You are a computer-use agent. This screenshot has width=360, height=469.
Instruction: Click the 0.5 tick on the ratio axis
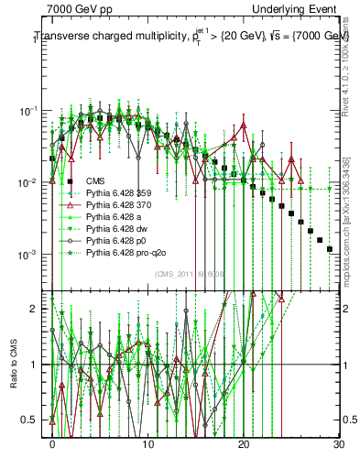(x=35, y=420)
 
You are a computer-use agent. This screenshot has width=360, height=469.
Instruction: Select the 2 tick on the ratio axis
(x=38, y=309)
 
